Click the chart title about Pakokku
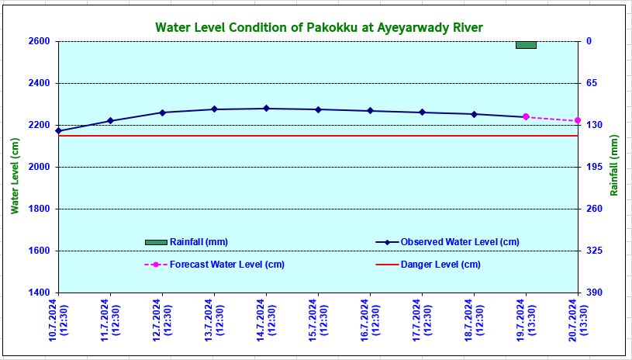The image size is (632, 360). pos(319,28)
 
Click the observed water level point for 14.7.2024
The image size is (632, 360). pos(266,109)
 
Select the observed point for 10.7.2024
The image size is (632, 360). pos(58,131)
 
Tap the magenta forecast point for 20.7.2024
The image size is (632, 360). pos(578,120)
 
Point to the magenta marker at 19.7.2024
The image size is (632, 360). pos(526,117)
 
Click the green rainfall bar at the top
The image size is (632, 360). pos(526,45)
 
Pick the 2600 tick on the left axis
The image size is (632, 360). pos(38,41)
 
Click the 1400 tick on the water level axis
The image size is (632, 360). pos(38,292)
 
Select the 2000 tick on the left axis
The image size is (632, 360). pos(38,167)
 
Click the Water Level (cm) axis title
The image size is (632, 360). pos(15,176)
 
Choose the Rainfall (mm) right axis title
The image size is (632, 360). pos(614,166)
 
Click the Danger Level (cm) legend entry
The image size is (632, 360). pos(440,265)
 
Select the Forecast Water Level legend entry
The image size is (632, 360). pos(226,265)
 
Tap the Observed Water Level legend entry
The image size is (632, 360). pos(459,242)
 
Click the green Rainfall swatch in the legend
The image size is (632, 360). pos(156,242)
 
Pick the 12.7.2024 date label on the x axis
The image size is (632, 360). pos(162,321)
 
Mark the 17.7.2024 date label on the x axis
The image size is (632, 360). pos(422,321)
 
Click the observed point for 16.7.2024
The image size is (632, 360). pos(370,111)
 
